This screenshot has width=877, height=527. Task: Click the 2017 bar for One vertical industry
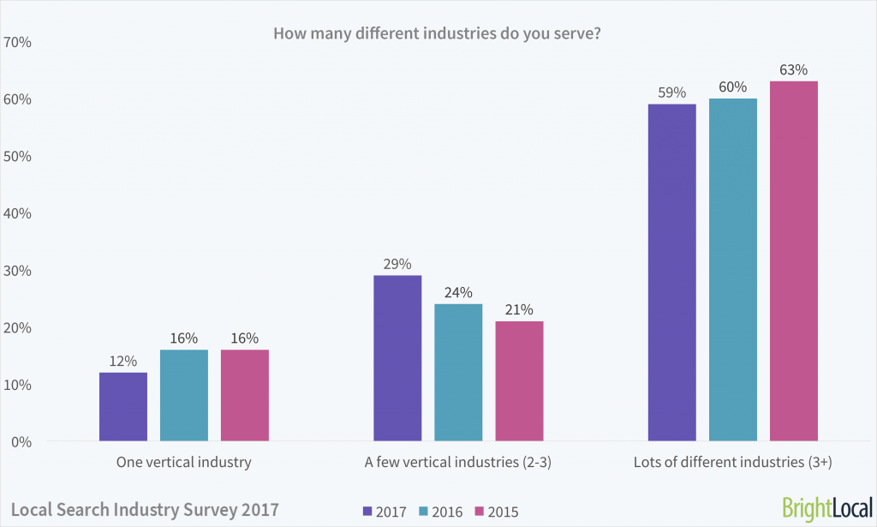(123, 406)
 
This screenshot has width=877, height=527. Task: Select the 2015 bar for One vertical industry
(244, 395)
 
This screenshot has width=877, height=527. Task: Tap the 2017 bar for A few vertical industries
(397, 358)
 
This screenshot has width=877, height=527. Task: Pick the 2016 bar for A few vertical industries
(458, 372)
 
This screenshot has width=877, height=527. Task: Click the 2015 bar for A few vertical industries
(519, 380)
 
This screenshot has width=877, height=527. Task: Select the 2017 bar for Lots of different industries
(672, 272)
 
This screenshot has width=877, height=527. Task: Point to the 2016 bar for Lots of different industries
(733, 270)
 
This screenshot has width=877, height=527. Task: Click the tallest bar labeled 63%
(794, 261)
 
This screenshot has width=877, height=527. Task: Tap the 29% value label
(397, 263)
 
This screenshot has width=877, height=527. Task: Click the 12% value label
(123, 361)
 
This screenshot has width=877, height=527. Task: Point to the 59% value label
(672, 92)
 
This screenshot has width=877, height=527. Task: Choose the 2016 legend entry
(440, 512)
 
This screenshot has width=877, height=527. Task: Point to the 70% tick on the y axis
(19, 42)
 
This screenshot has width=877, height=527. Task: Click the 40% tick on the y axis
(19, 213)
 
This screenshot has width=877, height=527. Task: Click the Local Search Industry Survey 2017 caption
(145, 509)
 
